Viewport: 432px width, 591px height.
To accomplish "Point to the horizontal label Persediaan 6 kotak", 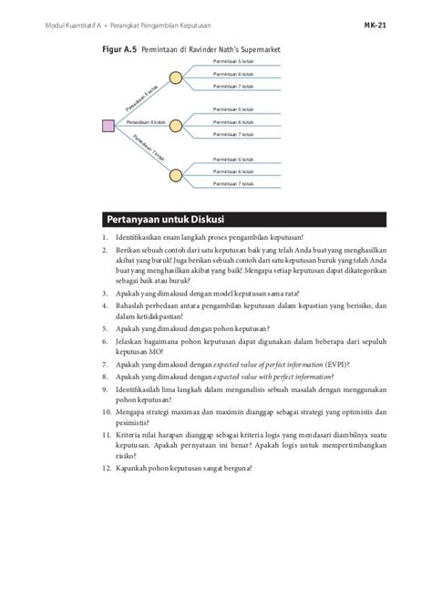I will [x=146, y=121].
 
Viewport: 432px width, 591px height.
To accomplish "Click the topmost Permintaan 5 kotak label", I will [x=233, y=61].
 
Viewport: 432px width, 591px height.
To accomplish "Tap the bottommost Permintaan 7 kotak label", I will [x=233, y=183].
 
